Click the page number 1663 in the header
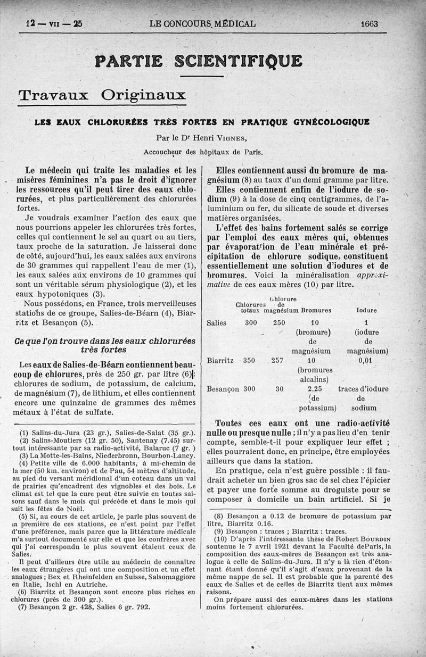369,23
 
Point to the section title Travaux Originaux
102,96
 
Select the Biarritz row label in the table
220,360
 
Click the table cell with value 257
277,360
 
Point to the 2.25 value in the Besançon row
315,389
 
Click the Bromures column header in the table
316,310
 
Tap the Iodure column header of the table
366,310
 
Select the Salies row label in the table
216,322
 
